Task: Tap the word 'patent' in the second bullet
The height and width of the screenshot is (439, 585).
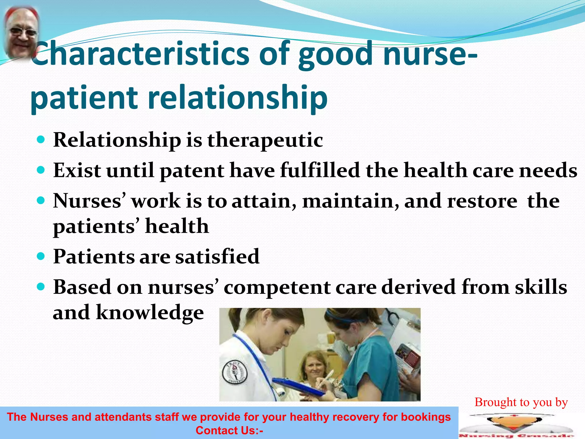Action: (192, 171)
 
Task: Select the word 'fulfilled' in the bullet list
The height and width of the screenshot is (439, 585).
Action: (320, 171)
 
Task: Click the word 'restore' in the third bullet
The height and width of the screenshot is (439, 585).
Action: (482, 201)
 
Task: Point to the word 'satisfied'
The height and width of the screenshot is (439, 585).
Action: (217, 257)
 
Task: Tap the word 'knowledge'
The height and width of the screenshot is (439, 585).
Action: (150, 312)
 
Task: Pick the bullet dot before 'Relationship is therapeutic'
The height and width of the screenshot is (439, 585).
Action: (41, 140)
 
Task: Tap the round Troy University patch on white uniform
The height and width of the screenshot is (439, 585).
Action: (234, 372)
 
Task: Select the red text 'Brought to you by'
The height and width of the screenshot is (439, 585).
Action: (521, 402)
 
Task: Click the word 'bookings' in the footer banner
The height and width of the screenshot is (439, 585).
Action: (426, 417)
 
